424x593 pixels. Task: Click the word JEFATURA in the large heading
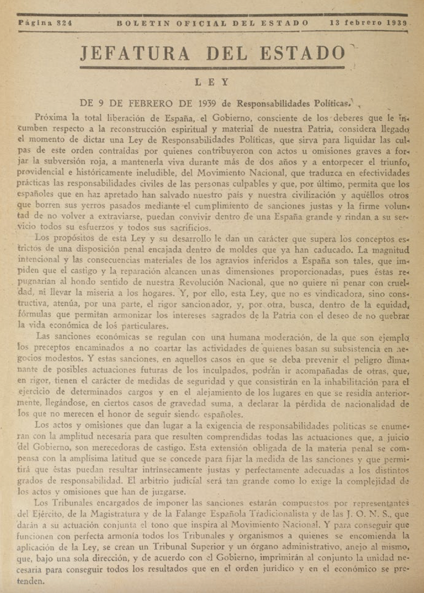pyautogui.click(x=135, y=53)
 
